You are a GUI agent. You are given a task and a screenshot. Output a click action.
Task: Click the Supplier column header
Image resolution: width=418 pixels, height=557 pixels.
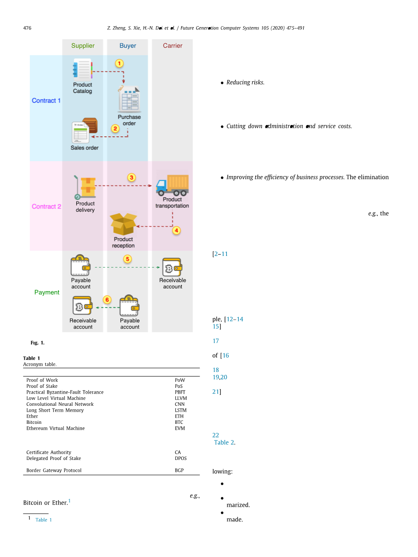click(x=83, y=46)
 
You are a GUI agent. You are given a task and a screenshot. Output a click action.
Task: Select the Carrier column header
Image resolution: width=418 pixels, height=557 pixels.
click(x=173, y=46)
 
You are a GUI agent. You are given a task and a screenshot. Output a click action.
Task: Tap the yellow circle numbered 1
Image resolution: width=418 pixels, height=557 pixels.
click(x=119, y=64)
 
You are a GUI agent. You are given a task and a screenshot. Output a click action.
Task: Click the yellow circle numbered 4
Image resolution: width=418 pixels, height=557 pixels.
click(x=176, y=230)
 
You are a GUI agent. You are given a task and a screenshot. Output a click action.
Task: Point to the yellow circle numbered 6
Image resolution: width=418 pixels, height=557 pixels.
click(x=107, y=300)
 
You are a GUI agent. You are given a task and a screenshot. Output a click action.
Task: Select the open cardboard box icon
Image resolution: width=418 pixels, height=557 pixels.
click(x=123, y=224)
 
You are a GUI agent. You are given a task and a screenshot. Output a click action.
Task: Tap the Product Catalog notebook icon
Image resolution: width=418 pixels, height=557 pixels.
click(x=82, y=70)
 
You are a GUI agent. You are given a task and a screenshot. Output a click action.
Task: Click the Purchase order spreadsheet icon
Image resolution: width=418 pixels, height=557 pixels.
click(x=129, y=99)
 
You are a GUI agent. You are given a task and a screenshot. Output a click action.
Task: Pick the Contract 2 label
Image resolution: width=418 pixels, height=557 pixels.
click(x=46, y=207)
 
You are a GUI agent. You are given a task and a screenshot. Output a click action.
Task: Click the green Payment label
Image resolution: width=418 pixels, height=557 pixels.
click(x=47, y=292)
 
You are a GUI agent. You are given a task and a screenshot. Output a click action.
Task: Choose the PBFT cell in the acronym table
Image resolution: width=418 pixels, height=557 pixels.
click(x=180, y=392)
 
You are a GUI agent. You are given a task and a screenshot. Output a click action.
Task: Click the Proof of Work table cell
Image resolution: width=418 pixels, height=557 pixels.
click(x=42, y=380)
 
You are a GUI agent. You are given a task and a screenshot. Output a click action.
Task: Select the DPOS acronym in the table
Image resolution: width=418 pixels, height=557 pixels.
click(x=181, y=458)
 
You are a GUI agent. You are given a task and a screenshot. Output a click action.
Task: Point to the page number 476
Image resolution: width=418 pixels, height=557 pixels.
click(x=27, y=28)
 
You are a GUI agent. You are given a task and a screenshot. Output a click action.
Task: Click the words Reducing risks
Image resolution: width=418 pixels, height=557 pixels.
click(x=245, y=83)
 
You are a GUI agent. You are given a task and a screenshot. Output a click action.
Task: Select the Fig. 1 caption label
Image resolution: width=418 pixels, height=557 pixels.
click(x=38, y=343)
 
